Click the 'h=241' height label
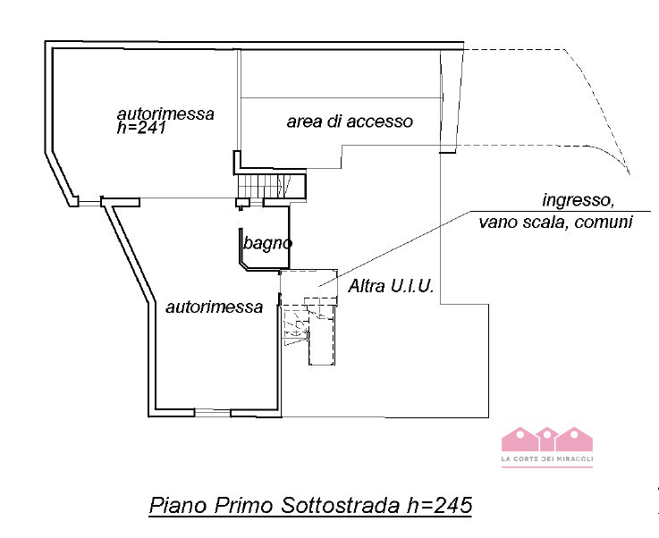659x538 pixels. click(x=142, y=128)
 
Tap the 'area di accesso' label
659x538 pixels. click(x=350, y=121)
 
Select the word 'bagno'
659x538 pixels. click(x=268, y=241)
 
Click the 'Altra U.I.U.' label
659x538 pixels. click(x=391, y=287)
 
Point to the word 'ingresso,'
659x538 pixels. click(x=578, y=198)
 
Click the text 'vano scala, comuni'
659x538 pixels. click(x=555, y=222)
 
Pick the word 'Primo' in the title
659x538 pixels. click(x=241, y=505)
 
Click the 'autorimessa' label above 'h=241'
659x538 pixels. click(x=165, y=113)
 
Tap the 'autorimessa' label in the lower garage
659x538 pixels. click(x=214, y=307)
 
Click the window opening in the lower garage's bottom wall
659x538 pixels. click(x=212, y=412)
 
